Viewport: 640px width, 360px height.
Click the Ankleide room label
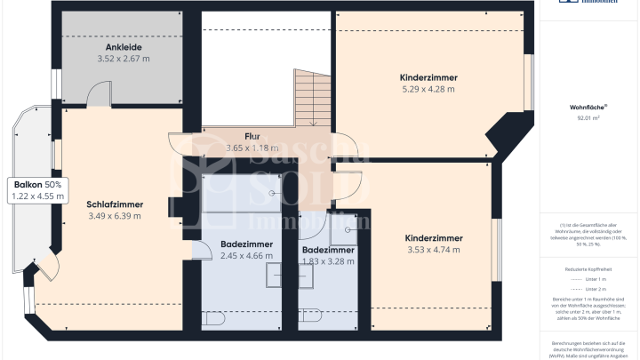[x=123, y=46]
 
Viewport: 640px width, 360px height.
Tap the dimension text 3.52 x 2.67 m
[x=123, y=59]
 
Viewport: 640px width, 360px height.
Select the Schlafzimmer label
[x=115, y=204]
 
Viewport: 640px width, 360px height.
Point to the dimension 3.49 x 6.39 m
[x=115, y=216]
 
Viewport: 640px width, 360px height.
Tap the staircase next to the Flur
[x=311, y=100]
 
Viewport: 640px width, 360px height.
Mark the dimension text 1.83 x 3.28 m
[x=327, y=262]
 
